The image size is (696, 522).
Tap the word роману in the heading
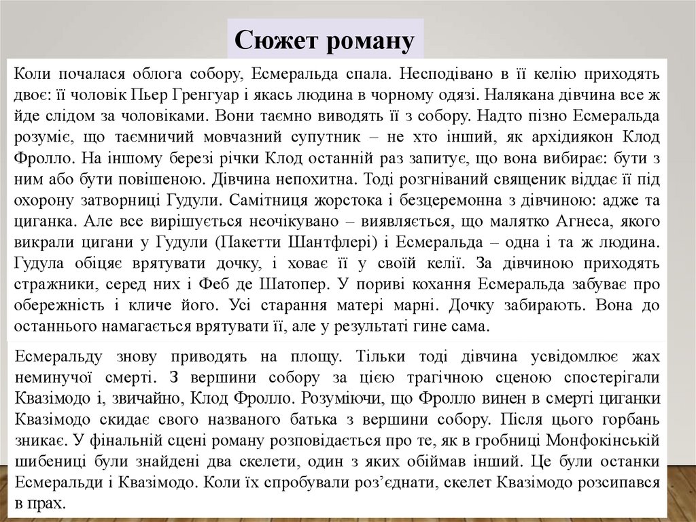(x=370, y=41)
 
